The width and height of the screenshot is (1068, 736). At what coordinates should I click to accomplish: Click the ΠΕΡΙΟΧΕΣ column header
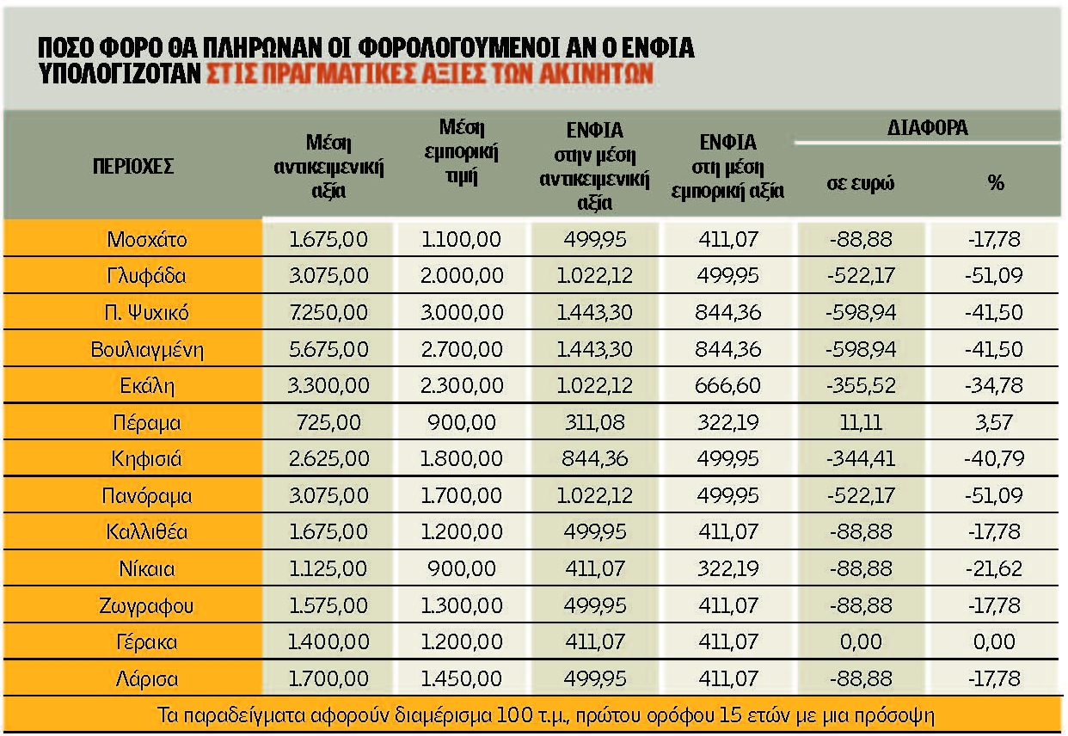click(x=133, y=166)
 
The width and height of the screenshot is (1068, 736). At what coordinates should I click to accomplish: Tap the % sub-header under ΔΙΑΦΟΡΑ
click(x=996, y=182)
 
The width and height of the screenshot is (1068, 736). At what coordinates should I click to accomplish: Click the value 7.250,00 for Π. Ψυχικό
click(x=328, y=313)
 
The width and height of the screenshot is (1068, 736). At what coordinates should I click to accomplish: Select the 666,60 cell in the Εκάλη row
click(x=728, y=386)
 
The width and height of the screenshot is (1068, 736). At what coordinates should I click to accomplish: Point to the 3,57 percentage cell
click(x=996, y=423)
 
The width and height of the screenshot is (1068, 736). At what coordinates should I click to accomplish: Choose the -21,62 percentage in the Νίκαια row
click(x=996, y=569)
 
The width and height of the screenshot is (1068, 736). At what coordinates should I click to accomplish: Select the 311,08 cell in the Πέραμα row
click(x=594, y=423)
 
